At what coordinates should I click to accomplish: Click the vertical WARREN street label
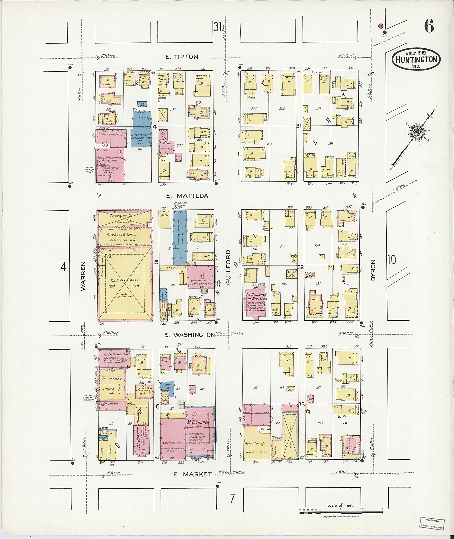tap(83, 276)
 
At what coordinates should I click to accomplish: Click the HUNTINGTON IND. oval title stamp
tap(416, 59)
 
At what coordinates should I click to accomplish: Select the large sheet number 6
tap(429, 26)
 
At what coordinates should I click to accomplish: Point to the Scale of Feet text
tap(340, 505)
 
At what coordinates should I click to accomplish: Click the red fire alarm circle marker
tap(380, 26)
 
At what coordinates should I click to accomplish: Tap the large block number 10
tap(391, 260)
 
